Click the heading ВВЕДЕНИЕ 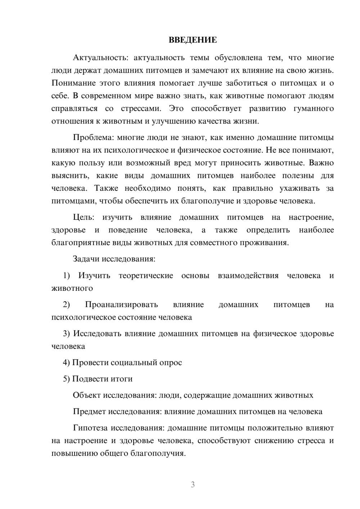[193, 40]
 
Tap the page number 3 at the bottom [193, 485]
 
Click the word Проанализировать [121, 305]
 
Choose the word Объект [87, 395]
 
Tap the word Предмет [89, 411]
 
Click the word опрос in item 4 [171, 363]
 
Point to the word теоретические [146, 276]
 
